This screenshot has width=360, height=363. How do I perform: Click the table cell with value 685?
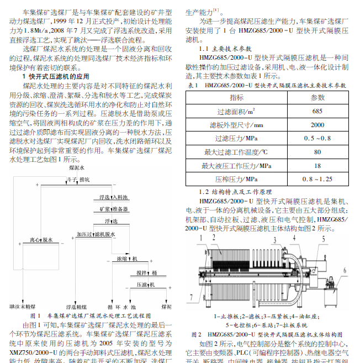click(x=317, y=111)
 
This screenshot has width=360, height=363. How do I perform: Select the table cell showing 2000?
click(x=317, y=124)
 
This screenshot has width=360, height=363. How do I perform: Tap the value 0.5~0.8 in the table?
click(x=317, y=138)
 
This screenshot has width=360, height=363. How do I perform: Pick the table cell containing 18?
click(x=317, y=165)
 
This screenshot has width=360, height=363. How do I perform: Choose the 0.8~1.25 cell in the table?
click(x=317, y=179)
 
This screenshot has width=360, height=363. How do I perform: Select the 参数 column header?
click(x=317, y=97)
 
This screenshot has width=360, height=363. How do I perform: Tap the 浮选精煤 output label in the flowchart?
click(x=76, y=306)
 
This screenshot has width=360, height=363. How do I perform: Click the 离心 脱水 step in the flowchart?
click(x=41, y=241)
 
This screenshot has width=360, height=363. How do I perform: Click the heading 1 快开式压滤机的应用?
click(x=55, y=75)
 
